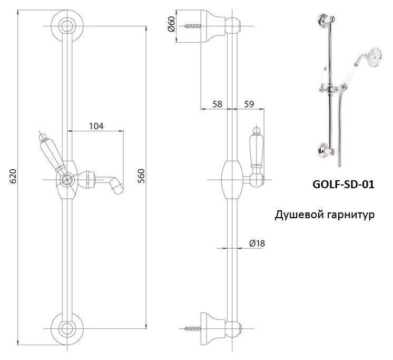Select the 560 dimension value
point(141,176)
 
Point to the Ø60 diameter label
point(171,23)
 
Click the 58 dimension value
point(217,104)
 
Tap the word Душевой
point(298,216)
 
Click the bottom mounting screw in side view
point(193,328)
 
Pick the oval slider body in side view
point(230,179)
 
